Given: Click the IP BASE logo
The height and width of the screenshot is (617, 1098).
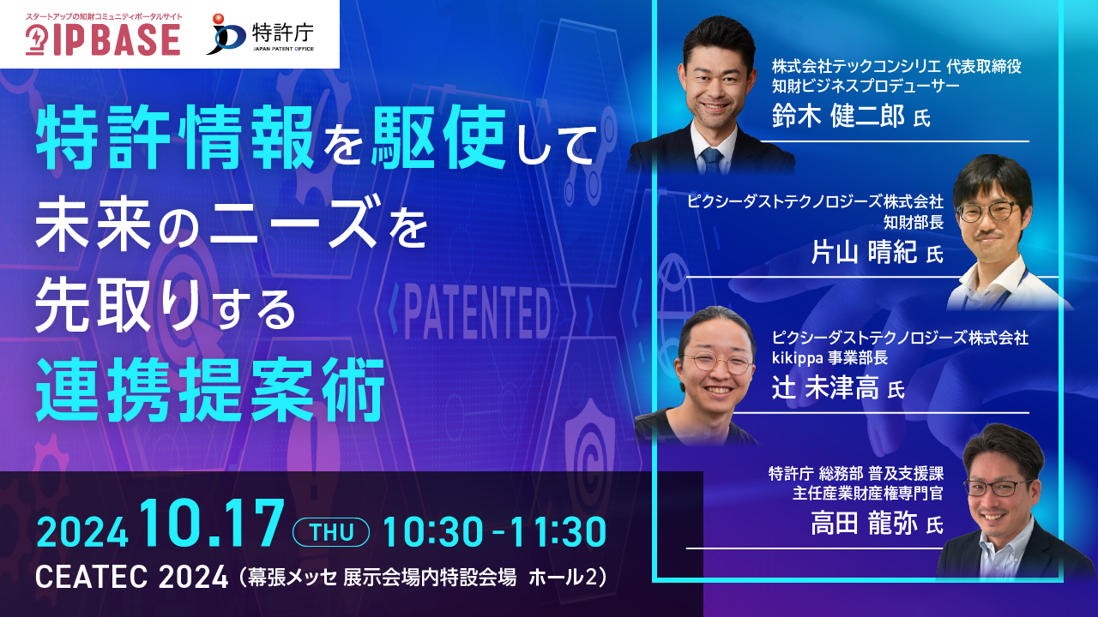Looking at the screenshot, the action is [103, 35].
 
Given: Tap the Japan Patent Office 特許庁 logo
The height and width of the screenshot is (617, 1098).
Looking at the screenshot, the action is [260, 33].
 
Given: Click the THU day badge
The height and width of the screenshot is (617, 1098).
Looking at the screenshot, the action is [331, 532].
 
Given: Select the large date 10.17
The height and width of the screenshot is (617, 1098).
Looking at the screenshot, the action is [212, 524].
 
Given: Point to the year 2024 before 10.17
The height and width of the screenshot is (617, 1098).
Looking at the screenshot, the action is [82, 533].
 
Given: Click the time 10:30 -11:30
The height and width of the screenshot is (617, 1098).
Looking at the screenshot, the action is [495, 532].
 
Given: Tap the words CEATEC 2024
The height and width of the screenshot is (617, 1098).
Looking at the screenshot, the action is [132, 578].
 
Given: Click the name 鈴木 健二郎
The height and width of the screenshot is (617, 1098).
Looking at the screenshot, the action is [838, 117].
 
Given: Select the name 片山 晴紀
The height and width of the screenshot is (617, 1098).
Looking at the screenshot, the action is [864, 252].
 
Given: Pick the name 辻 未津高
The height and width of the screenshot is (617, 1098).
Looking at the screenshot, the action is [825, 388].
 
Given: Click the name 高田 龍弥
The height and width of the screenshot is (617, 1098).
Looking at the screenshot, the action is [864, 524].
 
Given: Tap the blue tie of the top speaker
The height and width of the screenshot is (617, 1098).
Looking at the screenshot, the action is [712, 160].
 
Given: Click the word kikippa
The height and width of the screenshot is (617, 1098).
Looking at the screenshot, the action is [798, 358].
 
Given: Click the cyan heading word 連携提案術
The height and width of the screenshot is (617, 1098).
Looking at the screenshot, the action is [211, 390].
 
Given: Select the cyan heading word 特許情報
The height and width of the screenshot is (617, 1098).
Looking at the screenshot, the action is [175, 138].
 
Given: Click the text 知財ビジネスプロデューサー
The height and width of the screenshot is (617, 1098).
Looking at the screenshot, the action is [866, 87].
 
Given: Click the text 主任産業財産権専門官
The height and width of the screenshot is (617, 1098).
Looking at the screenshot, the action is [867, 493].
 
